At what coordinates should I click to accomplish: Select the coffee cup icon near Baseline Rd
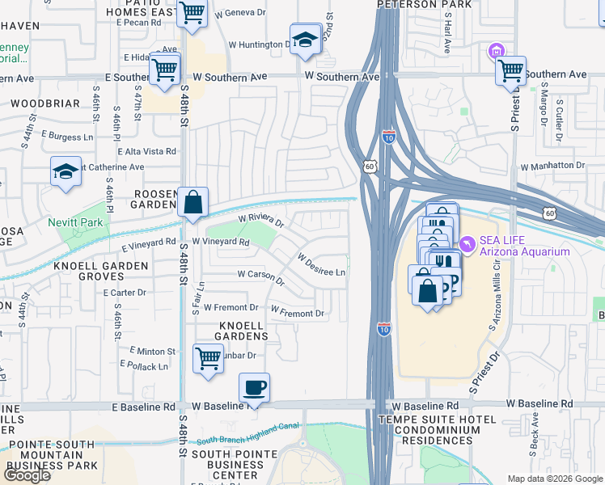[254, 389]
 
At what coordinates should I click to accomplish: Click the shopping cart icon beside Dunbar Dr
[208, 357]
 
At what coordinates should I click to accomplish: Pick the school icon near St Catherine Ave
[66, 171]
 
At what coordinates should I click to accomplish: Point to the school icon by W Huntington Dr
[304, 40]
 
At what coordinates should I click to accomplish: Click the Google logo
[27, 474]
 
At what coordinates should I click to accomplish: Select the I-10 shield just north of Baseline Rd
[383, 329]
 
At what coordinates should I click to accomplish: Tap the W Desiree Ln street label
[321, 265]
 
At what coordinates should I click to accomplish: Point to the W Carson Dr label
[260, 277]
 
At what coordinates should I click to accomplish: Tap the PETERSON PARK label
[412, 4]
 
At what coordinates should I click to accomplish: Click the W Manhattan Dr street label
[552, 166]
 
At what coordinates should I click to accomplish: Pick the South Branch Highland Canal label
[247, 439]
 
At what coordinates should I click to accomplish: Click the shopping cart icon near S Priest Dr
[510, 70]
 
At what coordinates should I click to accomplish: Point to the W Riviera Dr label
[261, 219]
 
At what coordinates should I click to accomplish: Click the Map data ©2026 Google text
[554, 479]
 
